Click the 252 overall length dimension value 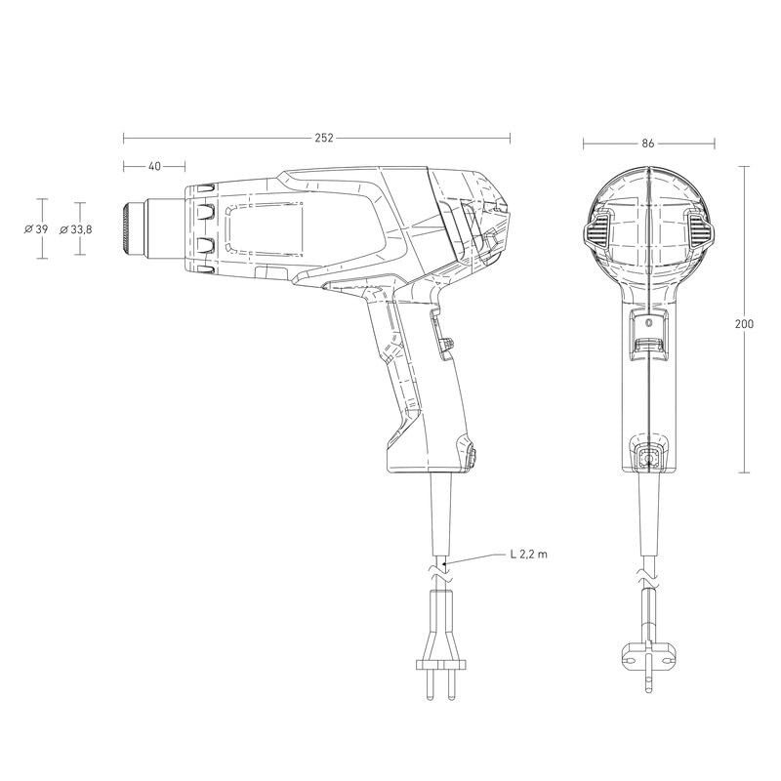coord(324,138)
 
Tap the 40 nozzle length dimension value coord(155,166)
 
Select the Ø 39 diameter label coord(36,229)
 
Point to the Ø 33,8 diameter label coord(76,229)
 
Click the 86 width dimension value coord(647,144)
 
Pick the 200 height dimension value coord(744,324)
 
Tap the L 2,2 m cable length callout coord(528,554)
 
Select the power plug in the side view coord(441,645)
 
